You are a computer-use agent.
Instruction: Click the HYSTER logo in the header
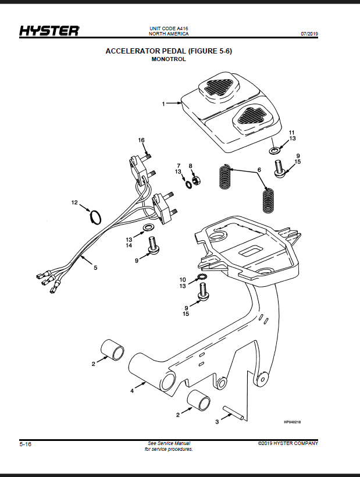click(49, 31)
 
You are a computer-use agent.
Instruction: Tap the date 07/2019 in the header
click(309, 34)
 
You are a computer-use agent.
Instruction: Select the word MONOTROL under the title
click(169, 59)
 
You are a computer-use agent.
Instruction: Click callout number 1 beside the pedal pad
click(163, 104)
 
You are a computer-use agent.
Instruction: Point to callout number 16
click(141, 140)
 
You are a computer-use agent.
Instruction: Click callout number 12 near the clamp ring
click(74, 202)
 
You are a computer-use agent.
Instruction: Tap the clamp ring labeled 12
click(96, 218)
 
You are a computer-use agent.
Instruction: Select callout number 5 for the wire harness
click(95, 268)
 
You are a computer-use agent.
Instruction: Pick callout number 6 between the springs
click(259, 170)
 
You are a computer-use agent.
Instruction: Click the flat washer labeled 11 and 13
click(275, 150)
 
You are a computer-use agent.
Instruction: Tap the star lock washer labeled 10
click(202, 277)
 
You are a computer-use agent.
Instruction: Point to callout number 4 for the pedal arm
click(132, 391)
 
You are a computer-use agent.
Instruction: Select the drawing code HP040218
click(292, 422)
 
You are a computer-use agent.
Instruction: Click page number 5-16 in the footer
click(26, 444)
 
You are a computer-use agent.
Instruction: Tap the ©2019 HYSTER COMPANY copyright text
click(288, 443)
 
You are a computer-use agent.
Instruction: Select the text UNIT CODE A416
click(169, 29)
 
